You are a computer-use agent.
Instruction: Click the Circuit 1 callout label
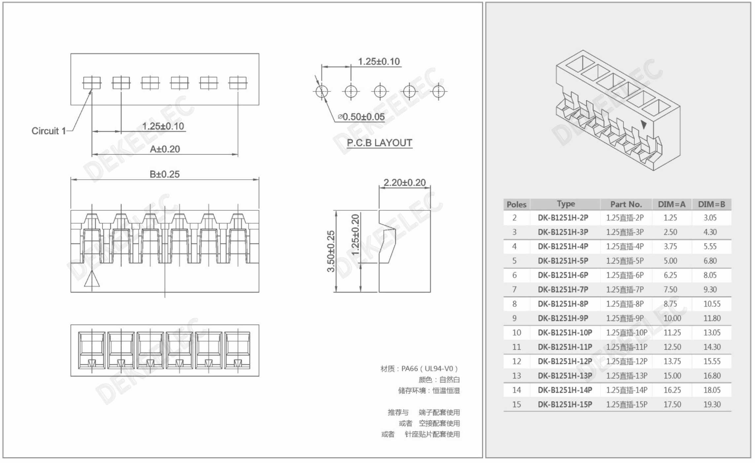click(49, 131)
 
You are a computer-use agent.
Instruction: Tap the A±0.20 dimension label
click(165, 149)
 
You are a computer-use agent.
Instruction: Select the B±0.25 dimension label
click(164, 174)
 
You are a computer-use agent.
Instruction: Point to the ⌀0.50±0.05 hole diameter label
click(361, 117)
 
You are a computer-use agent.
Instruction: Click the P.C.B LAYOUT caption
click(379, 143)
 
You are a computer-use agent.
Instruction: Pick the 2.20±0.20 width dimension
click(404, 182)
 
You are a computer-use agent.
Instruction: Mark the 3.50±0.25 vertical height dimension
click(331, 251)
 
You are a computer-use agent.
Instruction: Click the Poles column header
click(516, 204)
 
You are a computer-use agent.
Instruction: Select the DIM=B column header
click(711, 204)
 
